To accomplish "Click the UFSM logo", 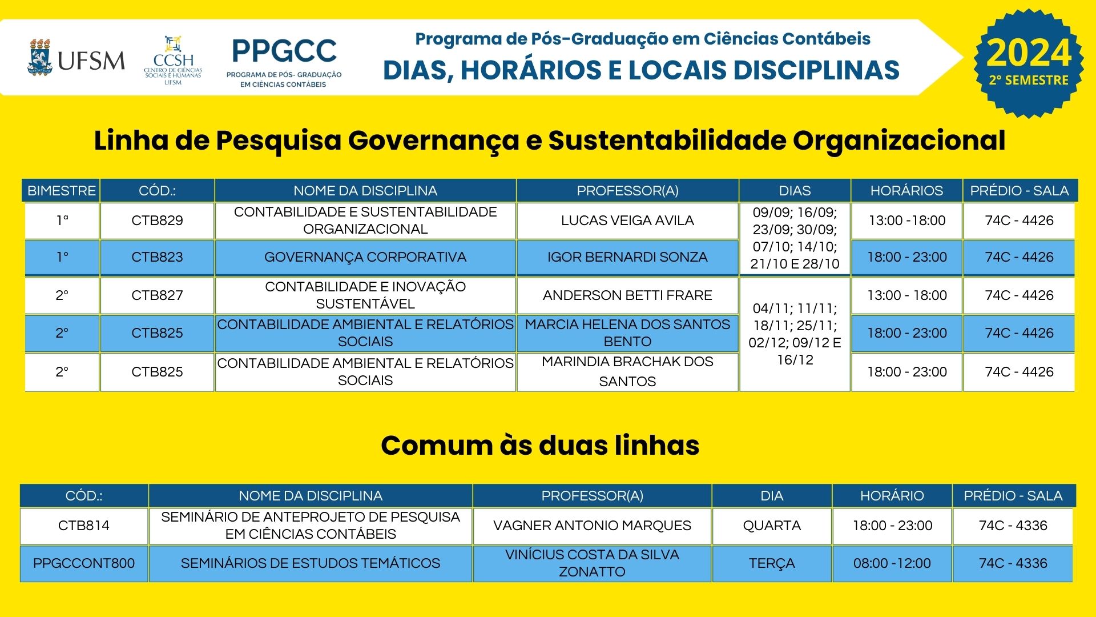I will pyautogui.click(x=76, y=58).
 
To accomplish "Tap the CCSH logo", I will pyautogui.click(x=173, y=61).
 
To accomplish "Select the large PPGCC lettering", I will pyautogui.click(x=284, y=51).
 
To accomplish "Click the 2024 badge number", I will pyautogui.click(x=1029, y=53).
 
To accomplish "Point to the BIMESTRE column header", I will pyautogui.click(x=62, y=191).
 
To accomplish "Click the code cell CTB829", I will pyautogui.click(x=157, y=221).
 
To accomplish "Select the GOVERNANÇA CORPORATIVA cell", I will pyautogui.click(x=365, y=257).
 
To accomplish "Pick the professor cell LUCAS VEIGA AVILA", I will pyautogui.click(x=627, y=221).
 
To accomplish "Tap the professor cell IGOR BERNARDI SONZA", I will pyautogui.click(x=627, y=257).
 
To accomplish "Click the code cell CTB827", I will pyautogui.click(x=157, y=295).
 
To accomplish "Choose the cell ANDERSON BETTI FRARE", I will pyautogui.click(x=627, y=295).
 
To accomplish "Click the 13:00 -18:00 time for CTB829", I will pyautogui.click(x=907, y=221).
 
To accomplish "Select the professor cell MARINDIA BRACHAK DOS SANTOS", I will pyautogui.click(x=627, y=371).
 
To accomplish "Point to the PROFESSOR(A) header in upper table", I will pyautogui.click(x=627, y=191).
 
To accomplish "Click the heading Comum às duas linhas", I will pyautogui.click(x=540, y=446).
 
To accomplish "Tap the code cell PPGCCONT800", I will pyautogui.click(x=84, y=563).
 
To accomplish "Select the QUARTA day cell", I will pyautogui.click(x=772, y=526).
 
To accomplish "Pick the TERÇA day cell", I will pyautogui.click(x=772, y=563).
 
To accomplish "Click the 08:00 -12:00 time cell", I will pyautogui.click(x=892, y=563).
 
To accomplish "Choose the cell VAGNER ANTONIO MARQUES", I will pyautogui.click(x=592, y=526).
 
